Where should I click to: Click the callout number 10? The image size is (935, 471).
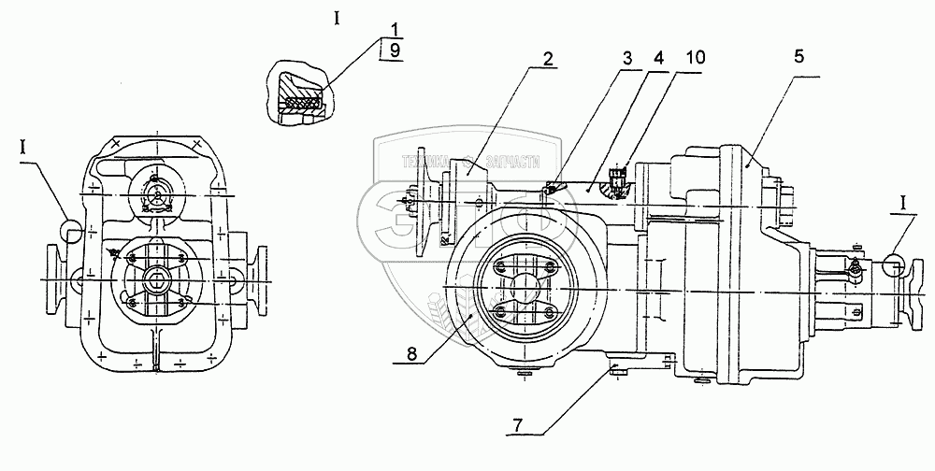coord(693,56)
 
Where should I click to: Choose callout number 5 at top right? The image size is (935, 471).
coord(798,56)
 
